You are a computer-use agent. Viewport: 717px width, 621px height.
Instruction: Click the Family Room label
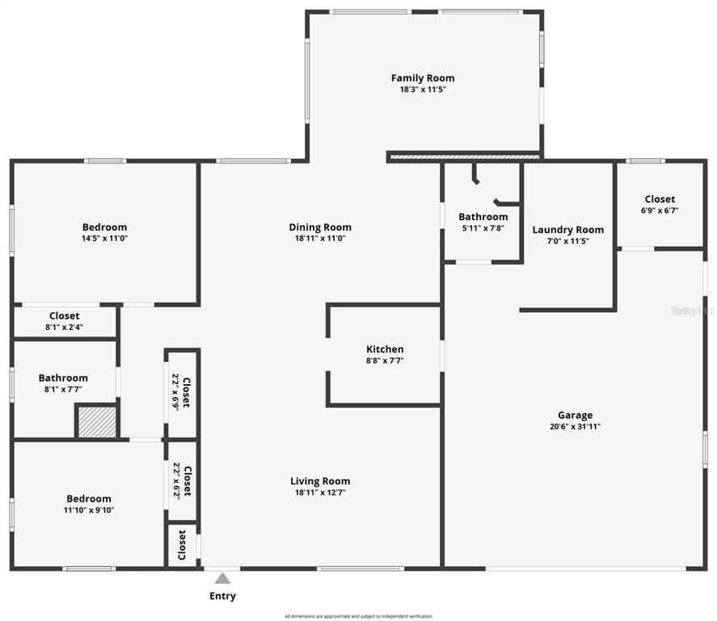point(423,78)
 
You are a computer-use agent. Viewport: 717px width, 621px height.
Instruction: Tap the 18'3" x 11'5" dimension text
point(423,90)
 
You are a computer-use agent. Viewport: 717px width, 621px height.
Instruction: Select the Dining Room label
point(320,227)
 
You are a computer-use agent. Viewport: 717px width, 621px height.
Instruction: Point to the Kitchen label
point(385,349)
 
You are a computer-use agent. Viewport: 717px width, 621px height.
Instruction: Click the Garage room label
point(575,416)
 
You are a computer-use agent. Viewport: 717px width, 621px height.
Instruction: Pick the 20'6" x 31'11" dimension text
point(575,427)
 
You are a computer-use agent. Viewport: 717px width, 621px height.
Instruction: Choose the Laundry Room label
point(567,230)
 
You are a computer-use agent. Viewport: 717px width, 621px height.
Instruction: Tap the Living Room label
point(320,481)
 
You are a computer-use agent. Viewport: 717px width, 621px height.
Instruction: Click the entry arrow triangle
point(222,578)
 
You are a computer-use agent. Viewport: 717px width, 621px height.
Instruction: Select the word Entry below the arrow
point(222,597)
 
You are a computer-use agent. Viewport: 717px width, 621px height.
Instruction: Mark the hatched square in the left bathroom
point(97,422)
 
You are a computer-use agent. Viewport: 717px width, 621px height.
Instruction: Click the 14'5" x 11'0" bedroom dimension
point(104,239)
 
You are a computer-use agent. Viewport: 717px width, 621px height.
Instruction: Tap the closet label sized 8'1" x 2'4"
point(64,316)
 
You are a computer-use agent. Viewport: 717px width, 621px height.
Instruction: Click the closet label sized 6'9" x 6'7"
point(660,199)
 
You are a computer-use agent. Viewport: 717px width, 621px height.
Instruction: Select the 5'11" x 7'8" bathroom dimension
point(483,228)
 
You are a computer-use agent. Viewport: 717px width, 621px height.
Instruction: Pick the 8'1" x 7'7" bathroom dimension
point(63,389)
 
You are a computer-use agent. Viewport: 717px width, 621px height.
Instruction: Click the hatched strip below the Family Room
point(465,157)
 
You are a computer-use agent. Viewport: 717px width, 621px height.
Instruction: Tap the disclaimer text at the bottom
point(358,616)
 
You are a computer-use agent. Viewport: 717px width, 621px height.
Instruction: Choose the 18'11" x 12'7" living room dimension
point(320,492)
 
